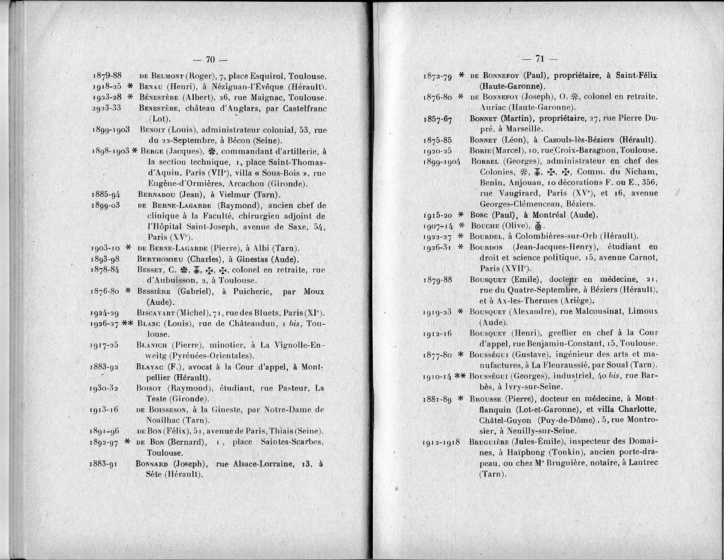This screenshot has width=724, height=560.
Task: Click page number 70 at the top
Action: coord(211,59)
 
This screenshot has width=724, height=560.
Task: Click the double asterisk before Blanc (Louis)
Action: coord(127,323)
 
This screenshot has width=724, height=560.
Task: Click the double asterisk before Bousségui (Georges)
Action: coord(459,376)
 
